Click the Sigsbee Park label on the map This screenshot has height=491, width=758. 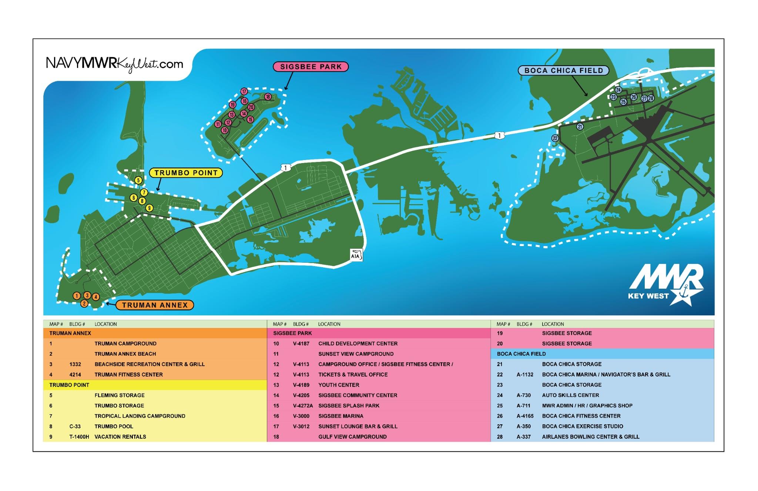coord(311,67)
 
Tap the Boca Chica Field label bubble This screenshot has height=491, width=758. coord(563,70)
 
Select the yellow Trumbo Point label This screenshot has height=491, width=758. coord(186,173)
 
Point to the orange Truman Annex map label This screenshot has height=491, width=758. coord(155,305)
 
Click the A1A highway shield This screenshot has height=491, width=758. coord(356,255)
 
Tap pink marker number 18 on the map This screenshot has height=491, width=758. coord(268,97)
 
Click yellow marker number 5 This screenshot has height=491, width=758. coord(138,180)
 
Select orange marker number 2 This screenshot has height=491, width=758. coord(84,304)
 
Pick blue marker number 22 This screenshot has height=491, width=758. coord(555,138)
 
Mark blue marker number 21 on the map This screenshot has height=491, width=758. coord(580,127)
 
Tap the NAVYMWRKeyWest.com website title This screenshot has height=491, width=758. coord(114,64)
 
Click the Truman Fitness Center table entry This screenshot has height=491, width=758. coord(128,375)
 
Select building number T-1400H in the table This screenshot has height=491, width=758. coord(79,437)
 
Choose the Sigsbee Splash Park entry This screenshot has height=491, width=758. coord(349,406)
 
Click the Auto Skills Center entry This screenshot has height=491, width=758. coord(570,395)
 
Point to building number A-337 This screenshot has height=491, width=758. coord(523,437)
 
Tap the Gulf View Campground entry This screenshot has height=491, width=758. coord(352,437)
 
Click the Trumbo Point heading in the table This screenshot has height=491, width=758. coord(69,385)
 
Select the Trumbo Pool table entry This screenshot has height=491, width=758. coord(114,427)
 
